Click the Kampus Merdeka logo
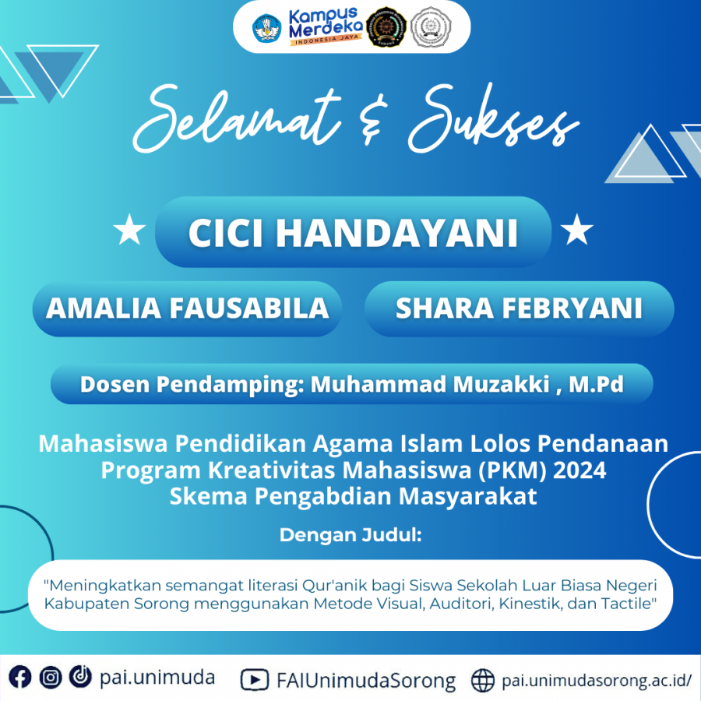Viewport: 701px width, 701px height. (x=326, y=26)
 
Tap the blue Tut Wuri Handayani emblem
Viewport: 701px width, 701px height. (x=267, y=28)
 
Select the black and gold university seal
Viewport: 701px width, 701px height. (x=386, y=27)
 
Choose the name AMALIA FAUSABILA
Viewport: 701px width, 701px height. (x=187, y=308)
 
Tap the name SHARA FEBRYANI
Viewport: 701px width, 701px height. (x=519, y=308)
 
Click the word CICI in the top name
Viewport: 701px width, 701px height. (x=225, y=232)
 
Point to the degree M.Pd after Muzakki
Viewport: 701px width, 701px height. (x=596, y=384)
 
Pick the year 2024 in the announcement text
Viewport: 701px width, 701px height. (x=579, y=470)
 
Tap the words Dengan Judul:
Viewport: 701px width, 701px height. (x=350, y=534)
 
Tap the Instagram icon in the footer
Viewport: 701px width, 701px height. (x=51, y=678)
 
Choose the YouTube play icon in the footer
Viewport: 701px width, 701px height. (x=255, y=680)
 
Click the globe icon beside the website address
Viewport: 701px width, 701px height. (x=483, y=681)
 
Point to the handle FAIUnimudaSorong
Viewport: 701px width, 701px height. (x=366, y=681)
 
